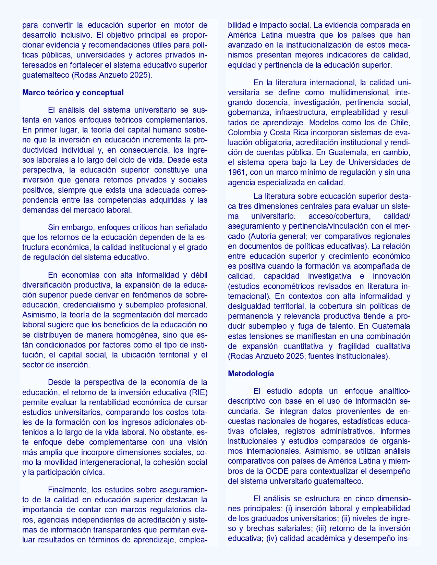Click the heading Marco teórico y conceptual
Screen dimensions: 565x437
(73, 92)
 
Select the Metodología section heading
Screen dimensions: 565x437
(251, 374)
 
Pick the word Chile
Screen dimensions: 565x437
(400, 122)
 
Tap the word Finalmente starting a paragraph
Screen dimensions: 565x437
(70, 490)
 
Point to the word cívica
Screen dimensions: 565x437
(93, 472)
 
